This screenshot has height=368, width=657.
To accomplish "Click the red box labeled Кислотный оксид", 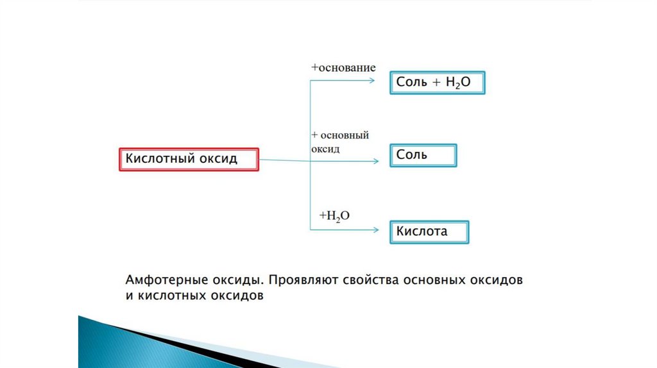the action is point(189,159).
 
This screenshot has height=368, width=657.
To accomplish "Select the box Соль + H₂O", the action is point(438,83).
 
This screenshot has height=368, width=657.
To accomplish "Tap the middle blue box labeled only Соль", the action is point(423,155).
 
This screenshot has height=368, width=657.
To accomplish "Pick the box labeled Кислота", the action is point(429,231).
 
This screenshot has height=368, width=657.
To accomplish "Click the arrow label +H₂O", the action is point(334,216).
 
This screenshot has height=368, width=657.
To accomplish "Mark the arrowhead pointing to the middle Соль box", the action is point(376,160).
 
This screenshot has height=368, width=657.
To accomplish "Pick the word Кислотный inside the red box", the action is point(158,158).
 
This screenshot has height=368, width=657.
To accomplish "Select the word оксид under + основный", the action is point(325,148).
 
